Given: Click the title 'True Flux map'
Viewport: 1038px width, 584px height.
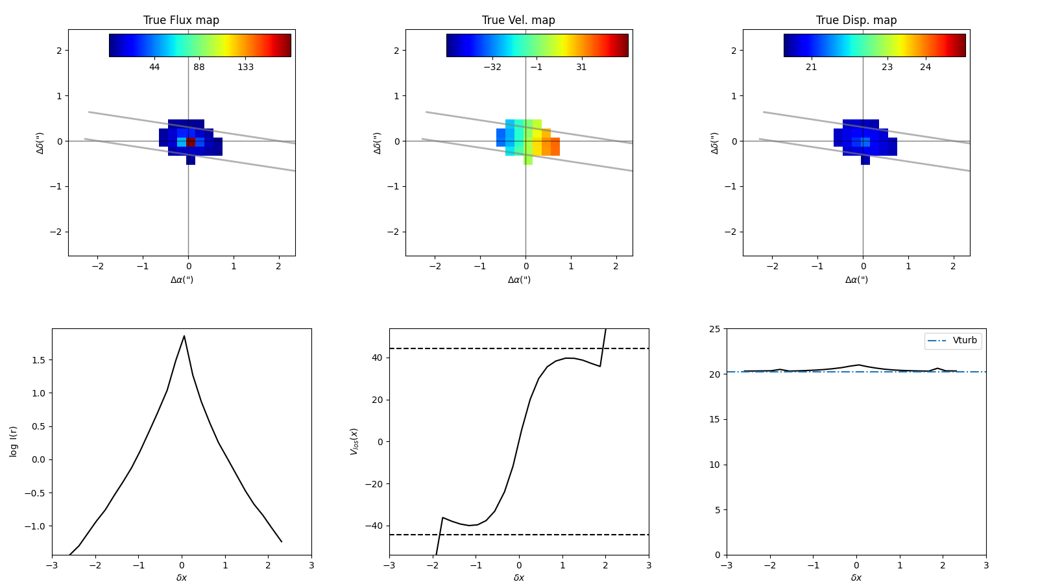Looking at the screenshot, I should [x=181, y=20].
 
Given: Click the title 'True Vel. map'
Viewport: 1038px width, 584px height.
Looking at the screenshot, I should [x=518, y=20].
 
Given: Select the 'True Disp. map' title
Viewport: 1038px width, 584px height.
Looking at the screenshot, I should [x=856, y=20].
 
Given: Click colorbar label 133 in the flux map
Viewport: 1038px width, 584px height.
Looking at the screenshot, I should [x=245, y=67].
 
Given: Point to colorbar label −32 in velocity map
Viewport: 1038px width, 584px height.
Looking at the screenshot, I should [x=492, y=67].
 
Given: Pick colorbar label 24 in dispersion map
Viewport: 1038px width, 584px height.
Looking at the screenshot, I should [x=925, y=67].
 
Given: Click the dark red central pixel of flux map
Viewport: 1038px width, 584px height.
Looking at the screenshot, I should [x=191, y=141].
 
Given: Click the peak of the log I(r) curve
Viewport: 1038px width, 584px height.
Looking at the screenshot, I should [x=184, y=336].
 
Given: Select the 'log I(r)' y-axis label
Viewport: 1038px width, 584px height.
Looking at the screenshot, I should [x=14, y=441].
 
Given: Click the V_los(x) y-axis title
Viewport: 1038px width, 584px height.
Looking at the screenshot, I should [x=354, y=441].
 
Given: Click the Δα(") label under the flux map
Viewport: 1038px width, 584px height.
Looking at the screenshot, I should [x=182, y=280].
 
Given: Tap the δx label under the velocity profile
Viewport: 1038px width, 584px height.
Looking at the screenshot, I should [x=518, y=578].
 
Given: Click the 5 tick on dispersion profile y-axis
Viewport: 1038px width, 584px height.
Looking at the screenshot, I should [x=717, y=510].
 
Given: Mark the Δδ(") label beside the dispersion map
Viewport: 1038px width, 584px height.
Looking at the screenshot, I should [x=714, y=142].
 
